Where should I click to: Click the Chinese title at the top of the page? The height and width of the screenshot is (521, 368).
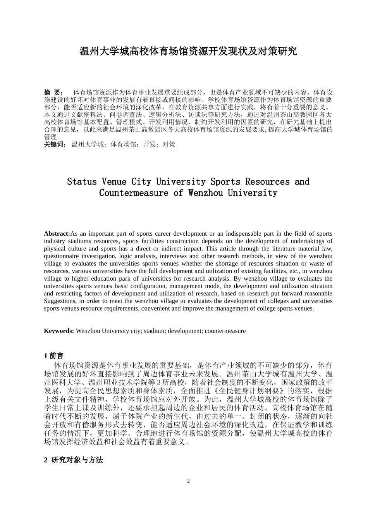[188, 51]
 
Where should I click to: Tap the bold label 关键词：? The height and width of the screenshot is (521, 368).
[55, 144]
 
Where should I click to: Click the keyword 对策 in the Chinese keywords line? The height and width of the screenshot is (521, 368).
[169, 144]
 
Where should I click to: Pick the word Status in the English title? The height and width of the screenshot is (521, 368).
[82, 181]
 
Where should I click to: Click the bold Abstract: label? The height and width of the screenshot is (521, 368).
[57, 233]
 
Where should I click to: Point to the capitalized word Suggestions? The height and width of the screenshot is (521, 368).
[60, 301]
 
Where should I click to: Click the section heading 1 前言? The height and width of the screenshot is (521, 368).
[54, 355]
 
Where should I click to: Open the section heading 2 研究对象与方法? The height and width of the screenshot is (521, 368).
[74, 460]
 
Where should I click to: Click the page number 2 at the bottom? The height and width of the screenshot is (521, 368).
[189, 481]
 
